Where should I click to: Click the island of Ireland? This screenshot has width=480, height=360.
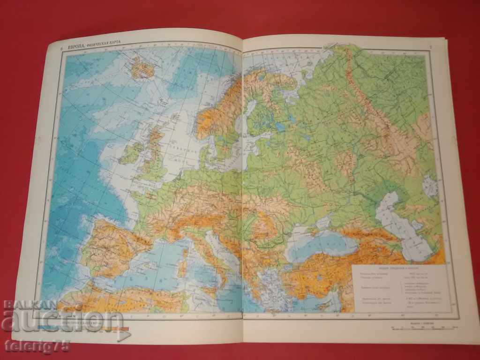[132, 153]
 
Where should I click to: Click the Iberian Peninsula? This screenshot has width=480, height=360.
[112, 244]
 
